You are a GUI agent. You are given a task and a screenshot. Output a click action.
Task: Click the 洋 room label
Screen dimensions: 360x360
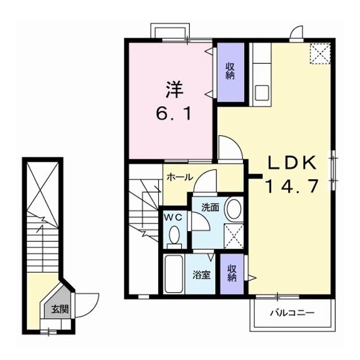(174, 89)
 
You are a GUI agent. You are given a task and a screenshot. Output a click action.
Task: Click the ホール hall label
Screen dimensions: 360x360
(179, 177)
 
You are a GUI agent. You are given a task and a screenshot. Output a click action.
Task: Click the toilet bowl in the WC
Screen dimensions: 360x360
(175, 235)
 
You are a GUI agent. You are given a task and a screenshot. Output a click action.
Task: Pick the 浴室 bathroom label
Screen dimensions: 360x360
(202, 275)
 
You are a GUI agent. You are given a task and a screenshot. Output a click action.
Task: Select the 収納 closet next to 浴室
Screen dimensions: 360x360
(232, 274)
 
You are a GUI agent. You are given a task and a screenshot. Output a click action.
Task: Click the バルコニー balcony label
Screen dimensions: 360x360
(291, 312)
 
